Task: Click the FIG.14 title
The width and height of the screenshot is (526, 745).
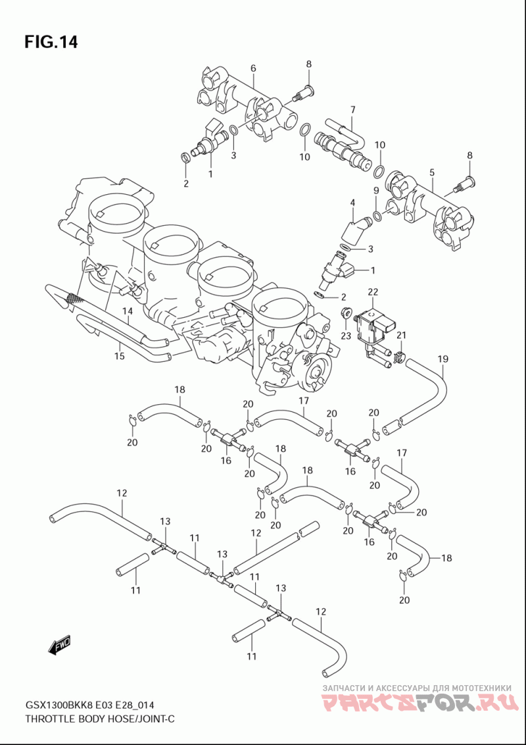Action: [51, 42]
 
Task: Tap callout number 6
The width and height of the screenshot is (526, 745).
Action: [253, 68]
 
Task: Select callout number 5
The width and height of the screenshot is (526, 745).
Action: [432, 172]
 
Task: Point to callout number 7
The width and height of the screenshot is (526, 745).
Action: [352, 110]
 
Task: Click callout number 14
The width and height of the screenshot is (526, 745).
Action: [127, 311]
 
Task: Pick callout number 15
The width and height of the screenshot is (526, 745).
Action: [120, 355]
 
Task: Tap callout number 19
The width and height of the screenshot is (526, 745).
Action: [442, 359]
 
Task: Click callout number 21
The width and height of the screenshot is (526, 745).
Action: [402, 336]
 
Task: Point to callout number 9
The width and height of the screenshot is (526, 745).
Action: [375, 190]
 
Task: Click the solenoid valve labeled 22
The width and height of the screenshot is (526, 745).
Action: [373, 328]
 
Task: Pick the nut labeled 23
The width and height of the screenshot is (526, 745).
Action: [347, 313]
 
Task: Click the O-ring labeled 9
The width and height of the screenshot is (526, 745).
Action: [377, 217]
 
